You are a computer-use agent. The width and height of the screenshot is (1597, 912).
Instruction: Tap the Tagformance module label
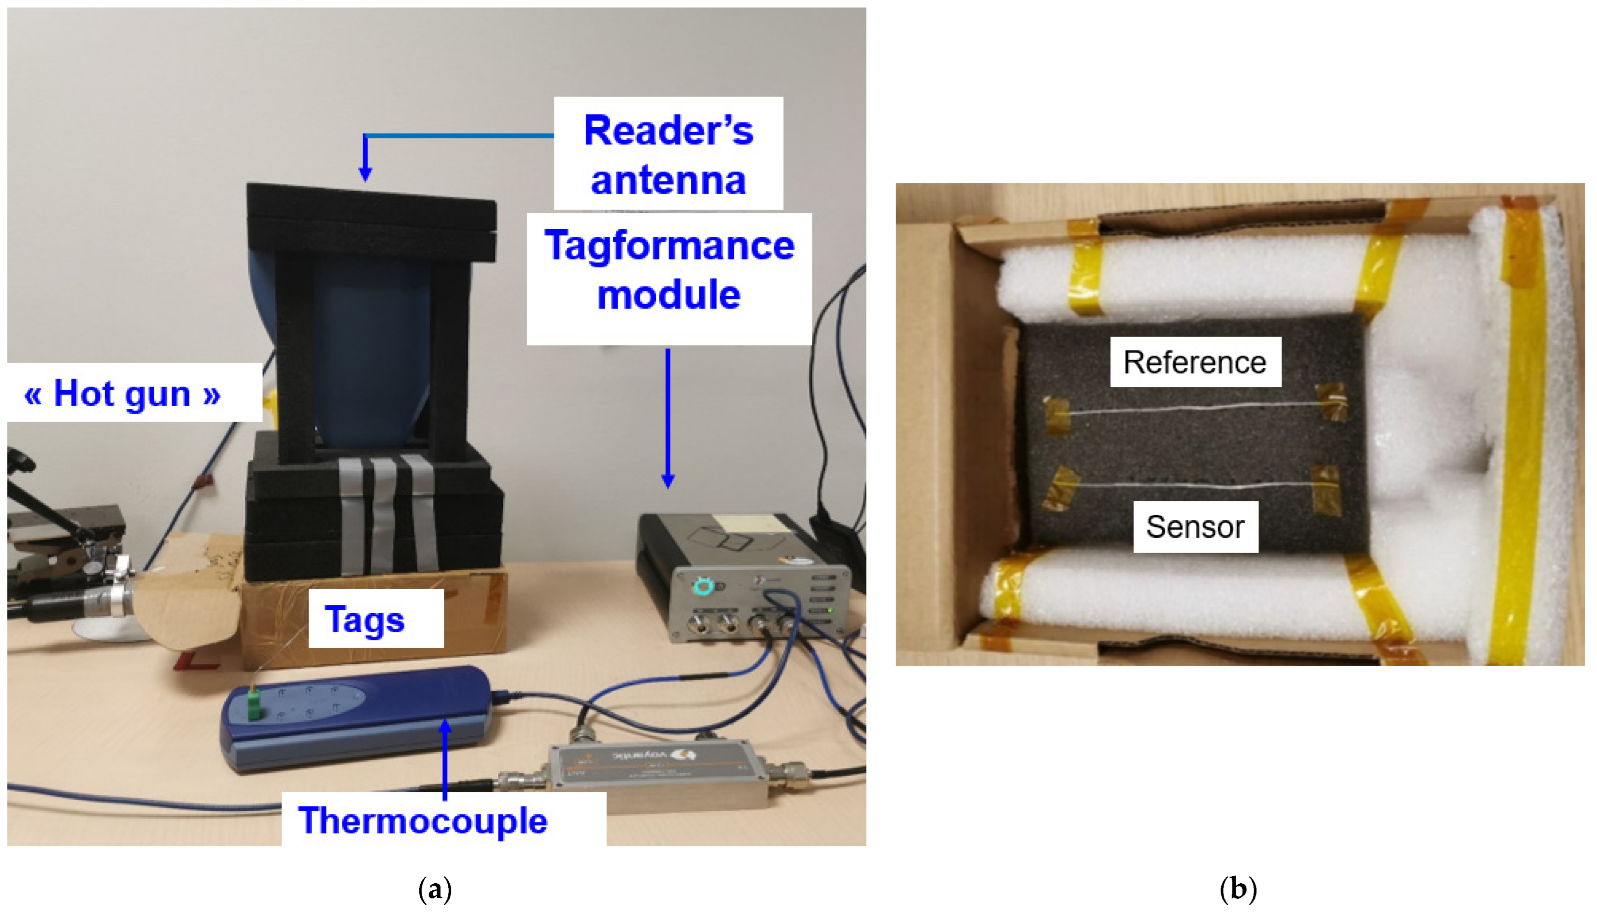(x=668, y=270)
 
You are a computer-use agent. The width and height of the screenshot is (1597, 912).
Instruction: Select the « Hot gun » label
(x=123, y=393)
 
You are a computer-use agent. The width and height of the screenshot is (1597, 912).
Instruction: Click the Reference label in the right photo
(x=1195, y=362)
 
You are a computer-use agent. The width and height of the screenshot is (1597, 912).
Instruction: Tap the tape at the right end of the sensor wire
(x=1325, y=488)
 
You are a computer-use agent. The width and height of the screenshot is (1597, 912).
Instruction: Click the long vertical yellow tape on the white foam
(x=1521, y=432)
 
